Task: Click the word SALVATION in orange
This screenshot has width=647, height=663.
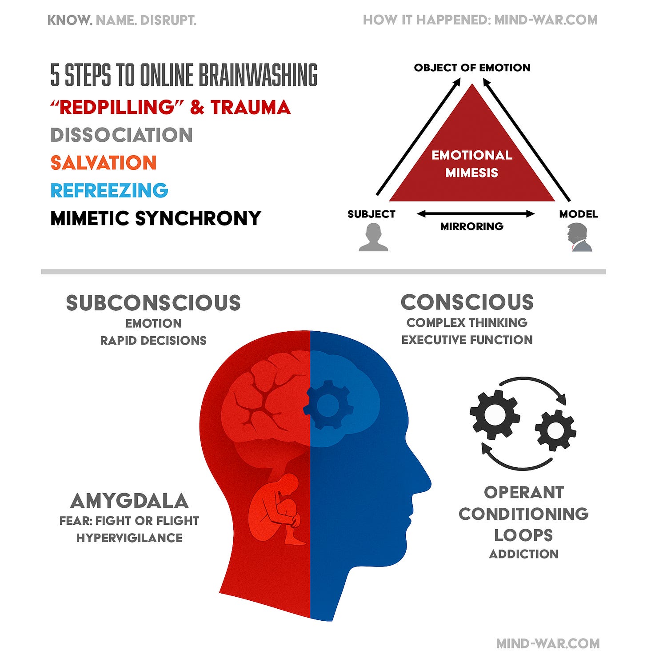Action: tap(103, 163)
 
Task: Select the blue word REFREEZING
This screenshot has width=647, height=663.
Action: tap(109, 190)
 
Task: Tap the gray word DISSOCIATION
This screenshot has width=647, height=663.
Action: tap(121, 135)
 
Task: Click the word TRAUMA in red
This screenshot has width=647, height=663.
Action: tap(250, 108)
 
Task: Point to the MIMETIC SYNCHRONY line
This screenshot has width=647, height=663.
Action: tap(156, 218)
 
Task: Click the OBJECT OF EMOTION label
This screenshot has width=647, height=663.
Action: tap(472, 68)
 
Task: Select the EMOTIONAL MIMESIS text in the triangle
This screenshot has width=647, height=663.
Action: tap(472, 164)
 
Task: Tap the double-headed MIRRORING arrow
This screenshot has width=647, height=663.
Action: tap(475, 214)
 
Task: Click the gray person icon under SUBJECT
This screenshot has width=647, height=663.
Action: tap(373, 237)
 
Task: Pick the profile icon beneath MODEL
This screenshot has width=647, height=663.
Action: tap(579, 238)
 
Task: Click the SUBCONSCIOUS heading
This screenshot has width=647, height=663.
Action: tap(153, 303)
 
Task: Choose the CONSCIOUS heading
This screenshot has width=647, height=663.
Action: tap(467, 302)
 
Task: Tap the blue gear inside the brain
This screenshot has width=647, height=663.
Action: tap(328, 405)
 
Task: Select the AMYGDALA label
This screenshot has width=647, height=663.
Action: tap(129, 501)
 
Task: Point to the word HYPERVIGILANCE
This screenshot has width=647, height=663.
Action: tap(129, 538)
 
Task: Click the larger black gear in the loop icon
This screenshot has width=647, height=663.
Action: tap(494, 414)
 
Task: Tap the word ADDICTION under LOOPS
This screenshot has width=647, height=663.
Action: tap(523, 554)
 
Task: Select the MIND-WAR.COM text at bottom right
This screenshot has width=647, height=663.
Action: tap(547, 643)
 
